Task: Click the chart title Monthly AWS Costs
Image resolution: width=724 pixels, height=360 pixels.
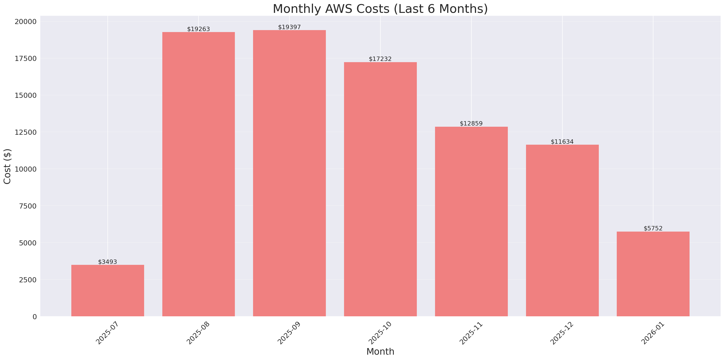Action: coord(380,9)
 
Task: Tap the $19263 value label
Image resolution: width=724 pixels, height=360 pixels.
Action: coord(198,29)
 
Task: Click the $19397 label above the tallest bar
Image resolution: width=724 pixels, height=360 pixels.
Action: coord(289,27)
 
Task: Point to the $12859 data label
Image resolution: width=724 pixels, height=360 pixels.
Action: coord(471,124)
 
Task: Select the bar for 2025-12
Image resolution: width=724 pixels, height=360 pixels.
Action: coord(562,230)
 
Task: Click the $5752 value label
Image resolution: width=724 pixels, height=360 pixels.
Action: coord(653,228)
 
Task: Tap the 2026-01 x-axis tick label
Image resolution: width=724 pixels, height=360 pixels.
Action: coord(653,333)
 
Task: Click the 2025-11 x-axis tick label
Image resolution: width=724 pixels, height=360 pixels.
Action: coord(471,333)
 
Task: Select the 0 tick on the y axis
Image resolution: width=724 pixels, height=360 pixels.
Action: coord(34,317)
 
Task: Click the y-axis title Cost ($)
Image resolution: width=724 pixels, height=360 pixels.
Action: coord(7,166)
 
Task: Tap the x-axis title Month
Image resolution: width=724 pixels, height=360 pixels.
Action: coord(380,352)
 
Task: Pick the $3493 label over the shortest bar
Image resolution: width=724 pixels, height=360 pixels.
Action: coord(107,262)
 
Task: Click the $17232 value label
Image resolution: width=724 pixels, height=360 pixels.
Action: coord(380,59)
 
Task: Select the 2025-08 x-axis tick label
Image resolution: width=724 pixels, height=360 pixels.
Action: coord(198,333)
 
